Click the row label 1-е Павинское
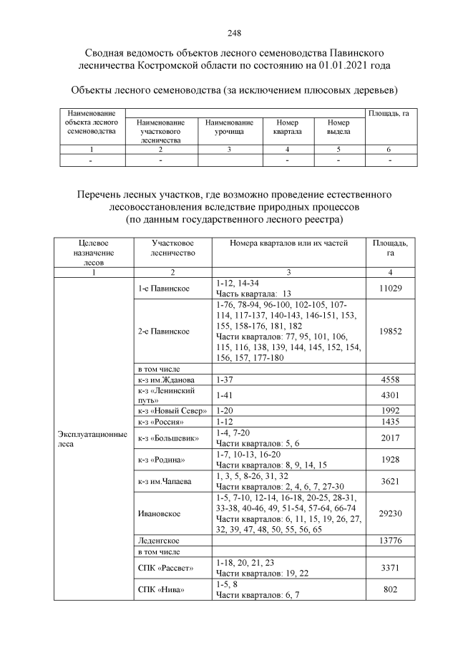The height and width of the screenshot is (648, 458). [x=162, y=288]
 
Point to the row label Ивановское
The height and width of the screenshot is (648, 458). [x=158, y=513]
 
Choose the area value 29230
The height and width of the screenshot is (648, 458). [x=389, y=513]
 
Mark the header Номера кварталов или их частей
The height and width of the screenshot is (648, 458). [x=288, y=243]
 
